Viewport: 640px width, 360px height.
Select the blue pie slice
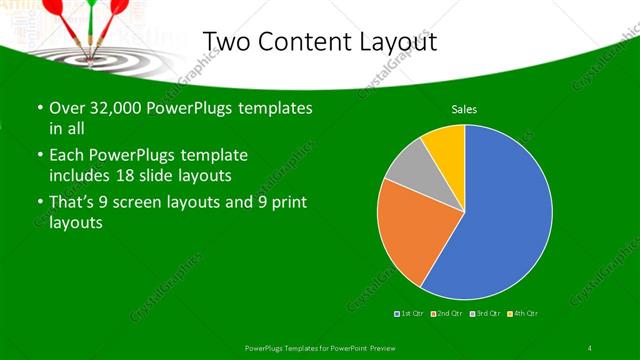click(500, 215)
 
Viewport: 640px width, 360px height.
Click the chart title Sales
click(463, 108)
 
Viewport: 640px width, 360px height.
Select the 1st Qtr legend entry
click(410, 314)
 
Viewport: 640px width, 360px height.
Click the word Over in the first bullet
click(66, 108)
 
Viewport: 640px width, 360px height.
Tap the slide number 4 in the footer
click(590, 347)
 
